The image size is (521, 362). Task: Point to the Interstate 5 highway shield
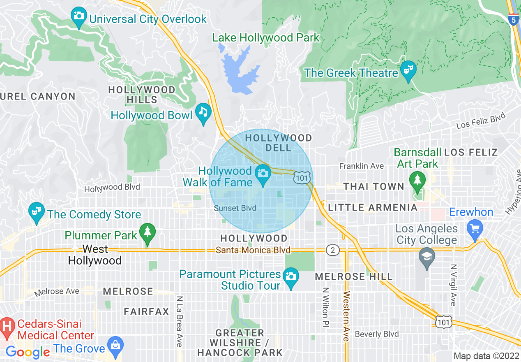[513, 19]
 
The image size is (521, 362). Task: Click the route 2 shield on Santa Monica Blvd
[332, 250]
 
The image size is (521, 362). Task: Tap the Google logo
[28, 352]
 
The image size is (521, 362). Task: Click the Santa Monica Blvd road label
[253, 250]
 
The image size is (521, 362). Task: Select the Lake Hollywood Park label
[265, 38]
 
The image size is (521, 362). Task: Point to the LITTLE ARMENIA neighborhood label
[373, 207]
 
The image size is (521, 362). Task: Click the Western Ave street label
[346, 316]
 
